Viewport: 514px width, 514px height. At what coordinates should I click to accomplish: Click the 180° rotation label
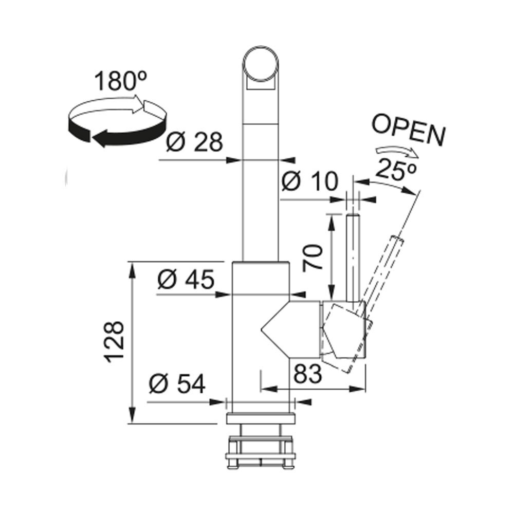[x=121, y=81]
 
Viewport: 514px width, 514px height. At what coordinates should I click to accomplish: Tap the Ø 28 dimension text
[x=194, y=142]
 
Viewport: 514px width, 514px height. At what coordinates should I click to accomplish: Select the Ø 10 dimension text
[x=309, y=181]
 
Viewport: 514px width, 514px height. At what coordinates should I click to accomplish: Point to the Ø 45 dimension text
[x=186, y=279]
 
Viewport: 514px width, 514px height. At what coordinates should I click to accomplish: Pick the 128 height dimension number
[x=115, y=342]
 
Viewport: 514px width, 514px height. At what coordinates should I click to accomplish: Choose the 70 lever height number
[x=313, y=258]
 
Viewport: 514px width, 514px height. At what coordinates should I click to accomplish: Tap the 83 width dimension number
[x=307, y=374]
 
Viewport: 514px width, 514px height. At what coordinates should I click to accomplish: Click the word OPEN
[x=409, y=130]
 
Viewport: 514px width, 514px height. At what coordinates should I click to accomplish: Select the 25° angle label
[x=396, y=170]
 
